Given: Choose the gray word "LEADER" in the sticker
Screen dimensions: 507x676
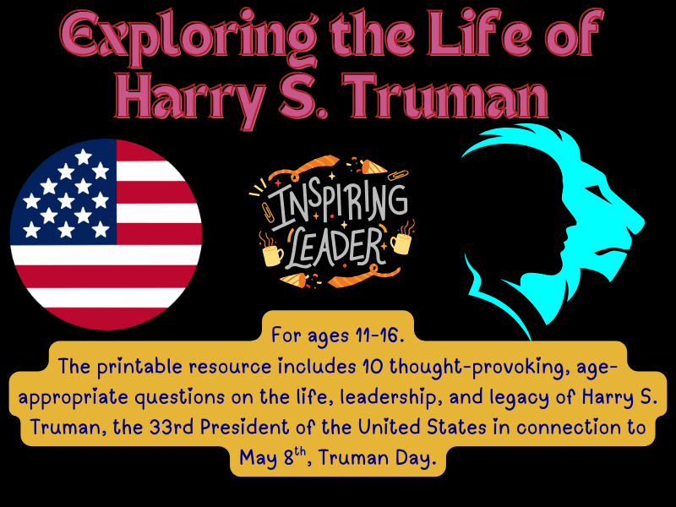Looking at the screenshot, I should tap(336, 246).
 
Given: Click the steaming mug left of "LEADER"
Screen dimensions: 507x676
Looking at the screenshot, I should tap(272, 252).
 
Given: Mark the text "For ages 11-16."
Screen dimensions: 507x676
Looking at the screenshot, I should tap(338, 335).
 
